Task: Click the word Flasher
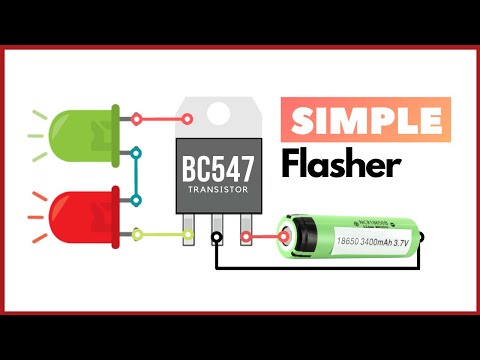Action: pos(340,165)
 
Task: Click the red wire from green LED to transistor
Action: pos(160,118)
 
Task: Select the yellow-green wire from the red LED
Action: pos(160,236)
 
